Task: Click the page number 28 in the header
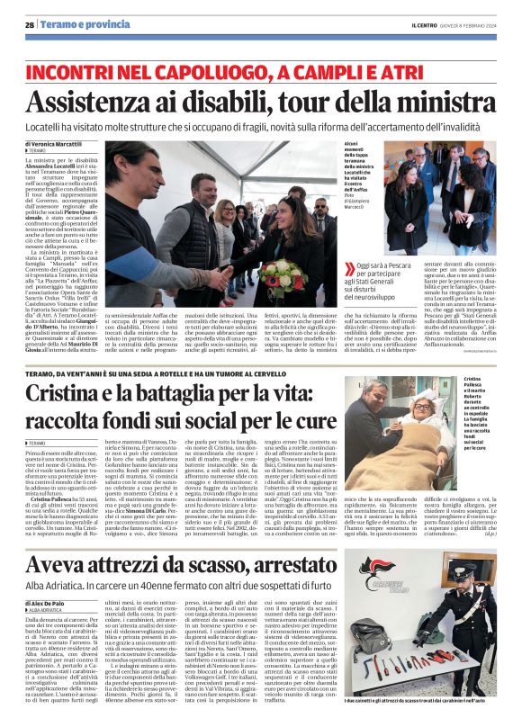(x=30, y=25)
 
